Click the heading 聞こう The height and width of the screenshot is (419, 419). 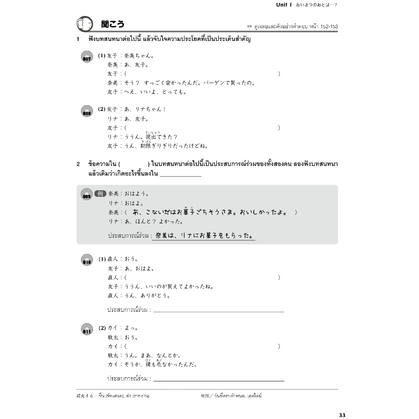[x=113, y=25]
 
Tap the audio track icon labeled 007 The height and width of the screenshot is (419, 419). [x=87, y=57]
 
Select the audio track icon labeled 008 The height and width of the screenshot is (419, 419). [x=87, y=111]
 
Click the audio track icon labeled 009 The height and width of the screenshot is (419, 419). [x=87, y=194]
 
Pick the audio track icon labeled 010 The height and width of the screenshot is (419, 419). [x=87, y=260]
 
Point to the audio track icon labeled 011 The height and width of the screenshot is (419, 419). [x=87, y=329]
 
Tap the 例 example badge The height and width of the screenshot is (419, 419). [x=100, y=194]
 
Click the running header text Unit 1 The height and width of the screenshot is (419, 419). [x=282, y=5]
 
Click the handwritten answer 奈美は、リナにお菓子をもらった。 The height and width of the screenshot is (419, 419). [x=203, y=236]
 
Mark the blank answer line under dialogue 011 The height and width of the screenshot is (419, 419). [x=219, y=380]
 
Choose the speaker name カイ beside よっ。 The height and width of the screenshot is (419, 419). [x=112, y=328]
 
